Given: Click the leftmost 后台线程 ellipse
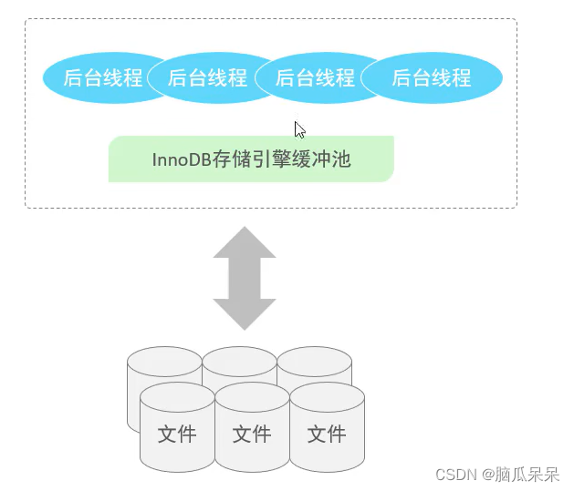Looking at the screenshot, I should click(x=100, y=78).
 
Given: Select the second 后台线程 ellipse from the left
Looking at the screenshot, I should click(x=206, y=78).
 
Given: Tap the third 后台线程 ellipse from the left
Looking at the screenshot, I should click(x=315, y=78).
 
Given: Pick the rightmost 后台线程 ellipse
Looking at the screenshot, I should click(x=432, y=78).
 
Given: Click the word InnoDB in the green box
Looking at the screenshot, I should click(x=181, y=159).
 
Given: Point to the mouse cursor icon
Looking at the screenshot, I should click(x=299, y=129).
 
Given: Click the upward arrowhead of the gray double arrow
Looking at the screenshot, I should click(x=244, y=243).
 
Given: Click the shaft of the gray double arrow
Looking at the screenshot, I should click(x=244, y=278).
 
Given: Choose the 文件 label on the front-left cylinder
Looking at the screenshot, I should click(x=177, y=434).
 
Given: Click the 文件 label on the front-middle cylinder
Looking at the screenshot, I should click(x=252, y=434).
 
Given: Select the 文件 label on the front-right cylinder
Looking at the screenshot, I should click(x=327, y=434).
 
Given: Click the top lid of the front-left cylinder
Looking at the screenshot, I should click(x=177, y=397).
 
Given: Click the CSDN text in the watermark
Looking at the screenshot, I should click(x=456, y=475).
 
